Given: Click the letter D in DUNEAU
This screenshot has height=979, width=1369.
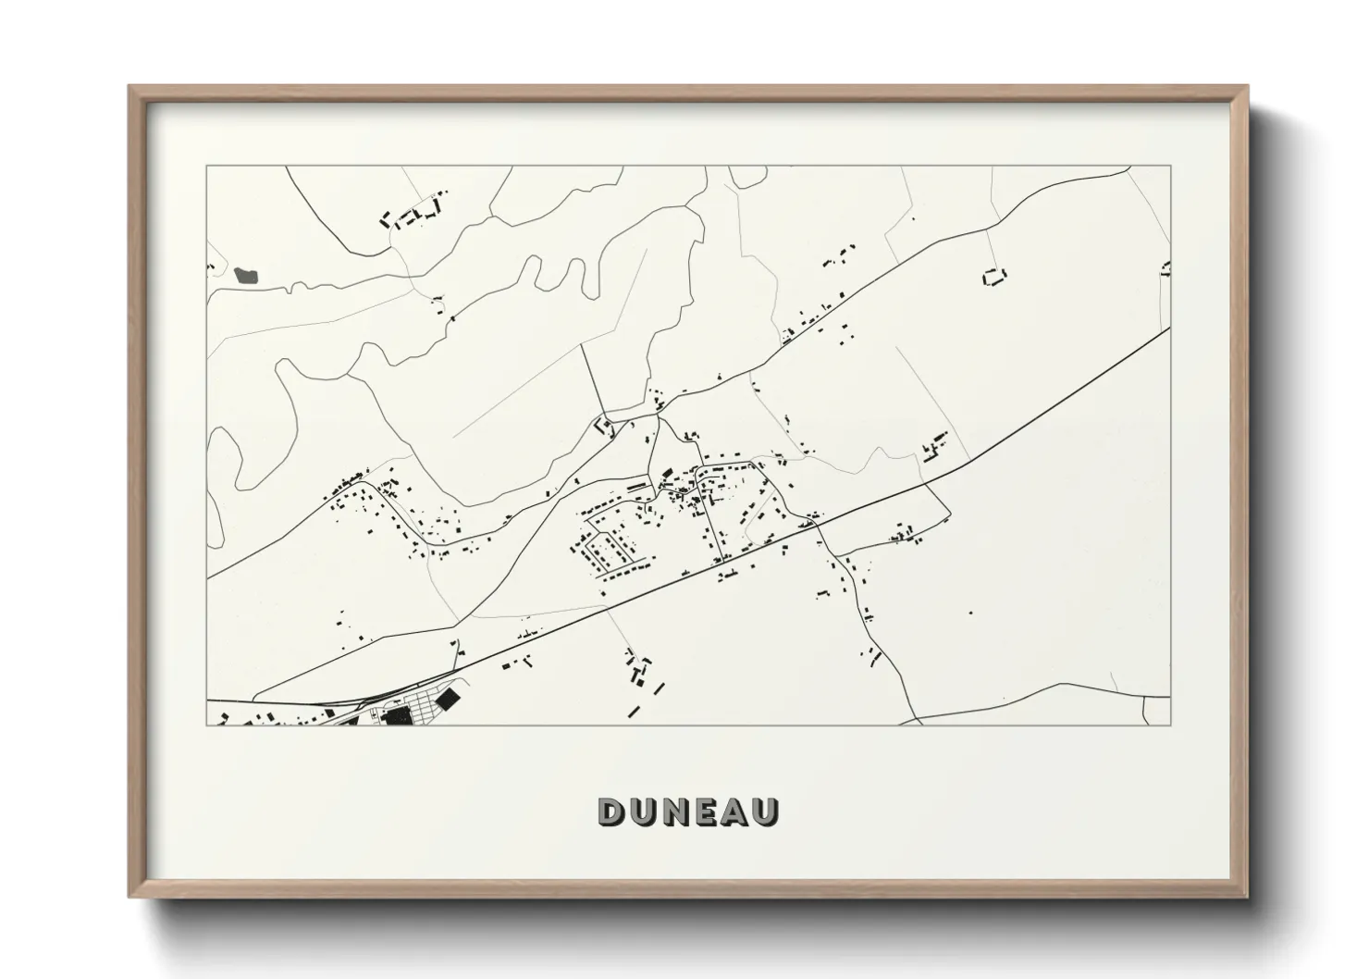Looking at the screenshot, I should pyautogui.click(x=611, y=812).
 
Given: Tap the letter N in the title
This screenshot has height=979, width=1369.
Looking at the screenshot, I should pyautogui.click(x=675, y=812).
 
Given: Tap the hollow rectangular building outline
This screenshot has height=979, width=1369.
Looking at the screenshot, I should pyautogui.click(x=993, y=276).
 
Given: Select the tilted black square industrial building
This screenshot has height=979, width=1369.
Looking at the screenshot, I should pyautogui.click(x=449, y=698).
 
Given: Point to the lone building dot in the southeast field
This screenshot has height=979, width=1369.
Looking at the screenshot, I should pyautogui.click(x=970, y=612).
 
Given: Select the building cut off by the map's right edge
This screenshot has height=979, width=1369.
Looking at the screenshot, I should pyautogui.click(x=1165, y=268).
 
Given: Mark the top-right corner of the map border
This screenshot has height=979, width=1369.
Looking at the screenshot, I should pyautogui.click(x=1170, y=167).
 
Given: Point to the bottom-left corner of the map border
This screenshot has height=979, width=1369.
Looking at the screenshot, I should pyautogui.click(x=207, y=725).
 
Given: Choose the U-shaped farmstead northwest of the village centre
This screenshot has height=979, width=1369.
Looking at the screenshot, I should pyautogui.click(x=606, y=428).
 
